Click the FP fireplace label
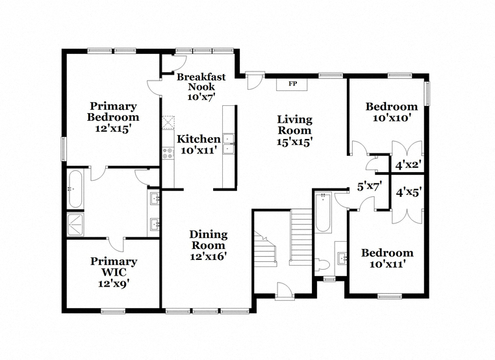tap(292, 84)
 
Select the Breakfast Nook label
tap(201, 81)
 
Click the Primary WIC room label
tap(114, 266)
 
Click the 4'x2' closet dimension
tap(409, 165)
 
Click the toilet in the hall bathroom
tap(323, 264)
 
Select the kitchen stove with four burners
tap(168, 153)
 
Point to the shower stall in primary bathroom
tap(75, 225)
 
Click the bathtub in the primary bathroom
tap(75, 189)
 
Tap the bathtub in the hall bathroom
tap(324, 212)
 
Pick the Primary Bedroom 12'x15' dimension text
tap(113, 129)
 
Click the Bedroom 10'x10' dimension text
tap(392, 118)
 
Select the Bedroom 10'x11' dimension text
tap(388, 264)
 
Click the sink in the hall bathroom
tap(341, 259)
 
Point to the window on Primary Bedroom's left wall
tap(64, 149)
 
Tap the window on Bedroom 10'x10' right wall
tap(427, 93)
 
